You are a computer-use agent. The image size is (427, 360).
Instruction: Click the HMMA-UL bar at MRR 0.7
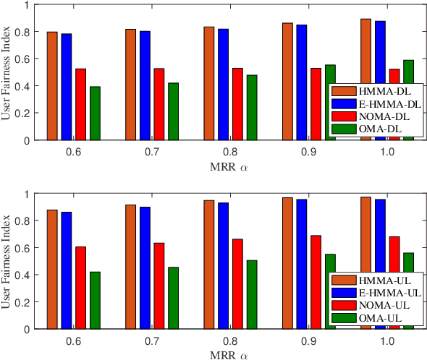tap(130, 267)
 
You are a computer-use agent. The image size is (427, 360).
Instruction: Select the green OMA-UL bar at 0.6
tap(95, 300)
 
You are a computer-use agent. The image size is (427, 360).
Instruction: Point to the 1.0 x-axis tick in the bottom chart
tap(386, 339)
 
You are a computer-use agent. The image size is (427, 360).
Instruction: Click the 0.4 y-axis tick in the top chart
tap(25, 87)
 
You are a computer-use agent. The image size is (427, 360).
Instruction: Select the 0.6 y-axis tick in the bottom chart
tap(25, 248)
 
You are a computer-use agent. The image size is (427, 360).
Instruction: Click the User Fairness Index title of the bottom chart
tap(7, 262)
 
